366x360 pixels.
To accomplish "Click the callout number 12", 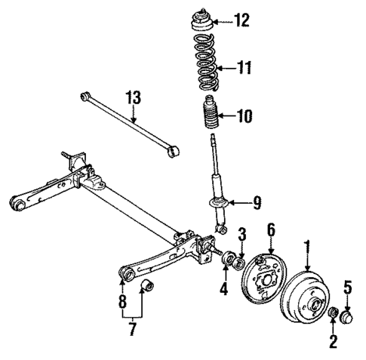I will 241,20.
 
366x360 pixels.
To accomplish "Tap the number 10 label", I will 244,116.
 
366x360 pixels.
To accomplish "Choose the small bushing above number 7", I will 147,288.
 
